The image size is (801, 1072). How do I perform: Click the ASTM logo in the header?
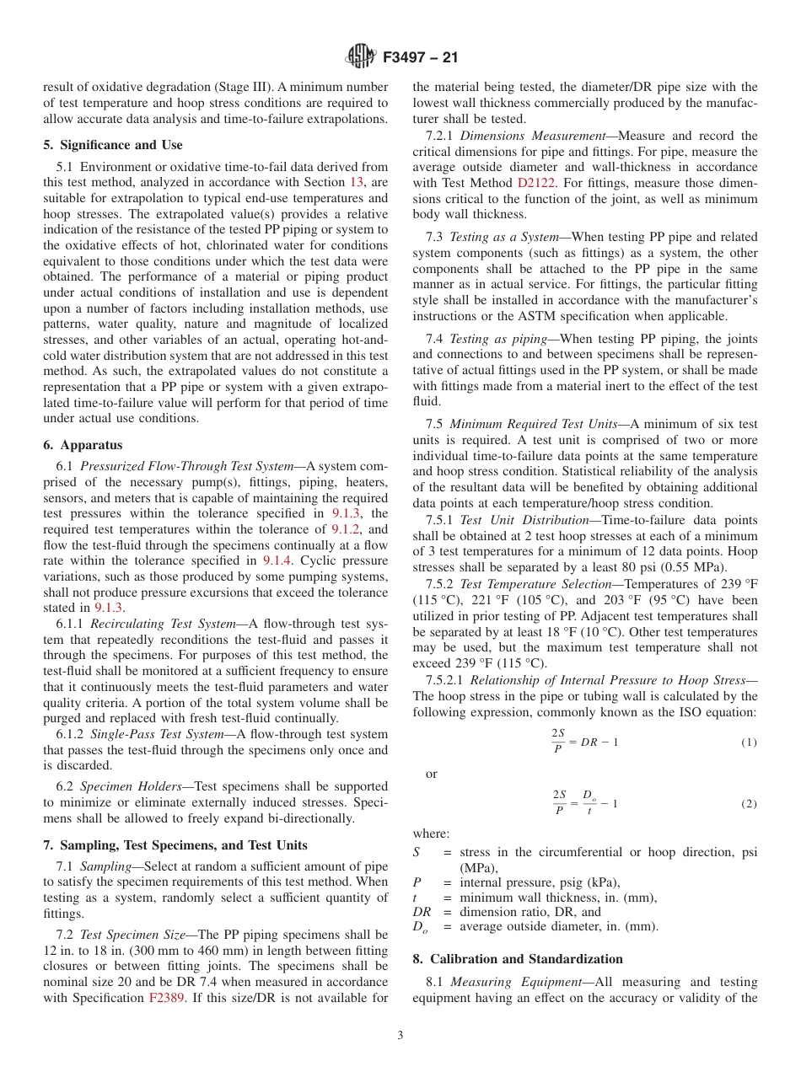(362, 57)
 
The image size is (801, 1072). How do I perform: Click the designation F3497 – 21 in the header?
(421, 58)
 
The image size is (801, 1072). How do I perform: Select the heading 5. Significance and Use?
(112, 145)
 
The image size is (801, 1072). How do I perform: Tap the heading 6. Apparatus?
(83, 445)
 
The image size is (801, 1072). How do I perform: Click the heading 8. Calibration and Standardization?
(518, 959)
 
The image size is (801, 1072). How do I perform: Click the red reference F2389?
(166, 998)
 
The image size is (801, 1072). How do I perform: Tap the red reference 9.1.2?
(347, 529)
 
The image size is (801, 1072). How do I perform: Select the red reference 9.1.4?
(277, 560)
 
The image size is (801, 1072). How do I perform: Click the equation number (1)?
(749, 742)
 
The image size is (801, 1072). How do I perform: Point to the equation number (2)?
(749, 804)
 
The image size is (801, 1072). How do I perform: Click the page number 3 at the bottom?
(400, 1036)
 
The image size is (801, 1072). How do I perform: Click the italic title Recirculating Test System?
(163, 624)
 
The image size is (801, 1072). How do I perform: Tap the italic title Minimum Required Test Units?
(533, 425)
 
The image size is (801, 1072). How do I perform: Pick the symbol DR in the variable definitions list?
(422, 911)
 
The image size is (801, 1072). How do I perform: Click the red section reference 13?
(357, 182)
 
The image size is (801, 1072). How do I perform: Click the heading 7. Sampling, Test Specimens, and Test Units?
(175, 845)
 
